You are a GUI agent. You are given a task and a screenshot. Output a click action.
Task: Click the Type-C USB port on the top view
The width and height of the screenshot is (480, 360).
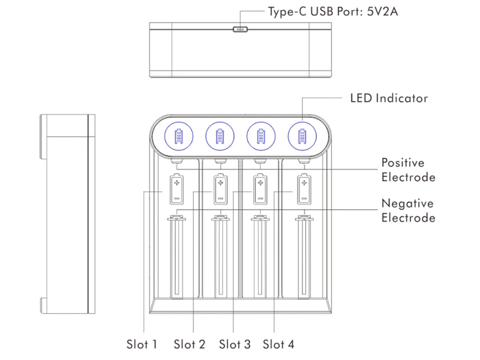tap(240, 29)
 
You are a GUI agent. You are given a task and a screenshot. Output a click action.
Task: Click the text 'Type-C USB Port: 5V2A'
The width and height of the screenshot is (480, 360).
tap(333, 12)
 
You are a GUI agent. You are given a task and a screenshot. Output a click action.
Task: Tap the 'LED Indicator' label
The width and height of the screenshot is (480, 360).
tap(389, 98)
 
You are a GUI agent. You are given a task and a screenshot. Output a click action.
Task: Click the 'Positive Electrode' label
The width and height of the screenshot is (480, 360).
tap(408, 170)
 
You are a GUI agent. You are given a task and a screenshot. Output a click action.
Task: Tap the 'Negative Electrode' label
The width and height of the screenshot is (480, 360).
tap(408, 210)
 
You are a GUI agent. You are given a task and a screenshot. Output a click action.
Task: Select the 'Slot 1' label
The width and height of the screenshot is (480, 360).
tap(142, 345)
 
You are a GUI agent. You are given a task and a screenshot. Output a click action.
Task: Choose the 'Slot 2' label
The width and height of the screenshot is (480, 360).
tap(189, 345)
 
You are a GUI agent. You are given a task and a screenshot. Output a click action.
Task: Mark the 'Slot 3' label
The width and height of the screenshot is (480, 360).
tap(235, 345)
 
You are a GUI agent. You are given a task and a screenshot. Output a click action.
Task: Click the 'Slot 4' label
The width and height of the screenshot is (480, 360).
tap(278, 345)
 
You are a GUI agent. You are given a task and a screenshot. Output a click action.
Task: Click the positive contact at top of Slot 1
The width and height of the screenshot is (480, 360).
tap(177, 161)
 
